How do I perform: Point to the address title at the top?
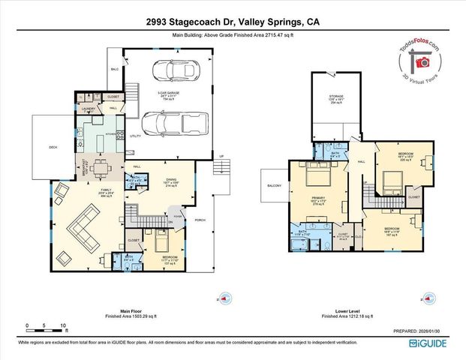coord(233,22)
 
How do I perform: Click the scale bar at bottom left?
coord(46,326)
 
